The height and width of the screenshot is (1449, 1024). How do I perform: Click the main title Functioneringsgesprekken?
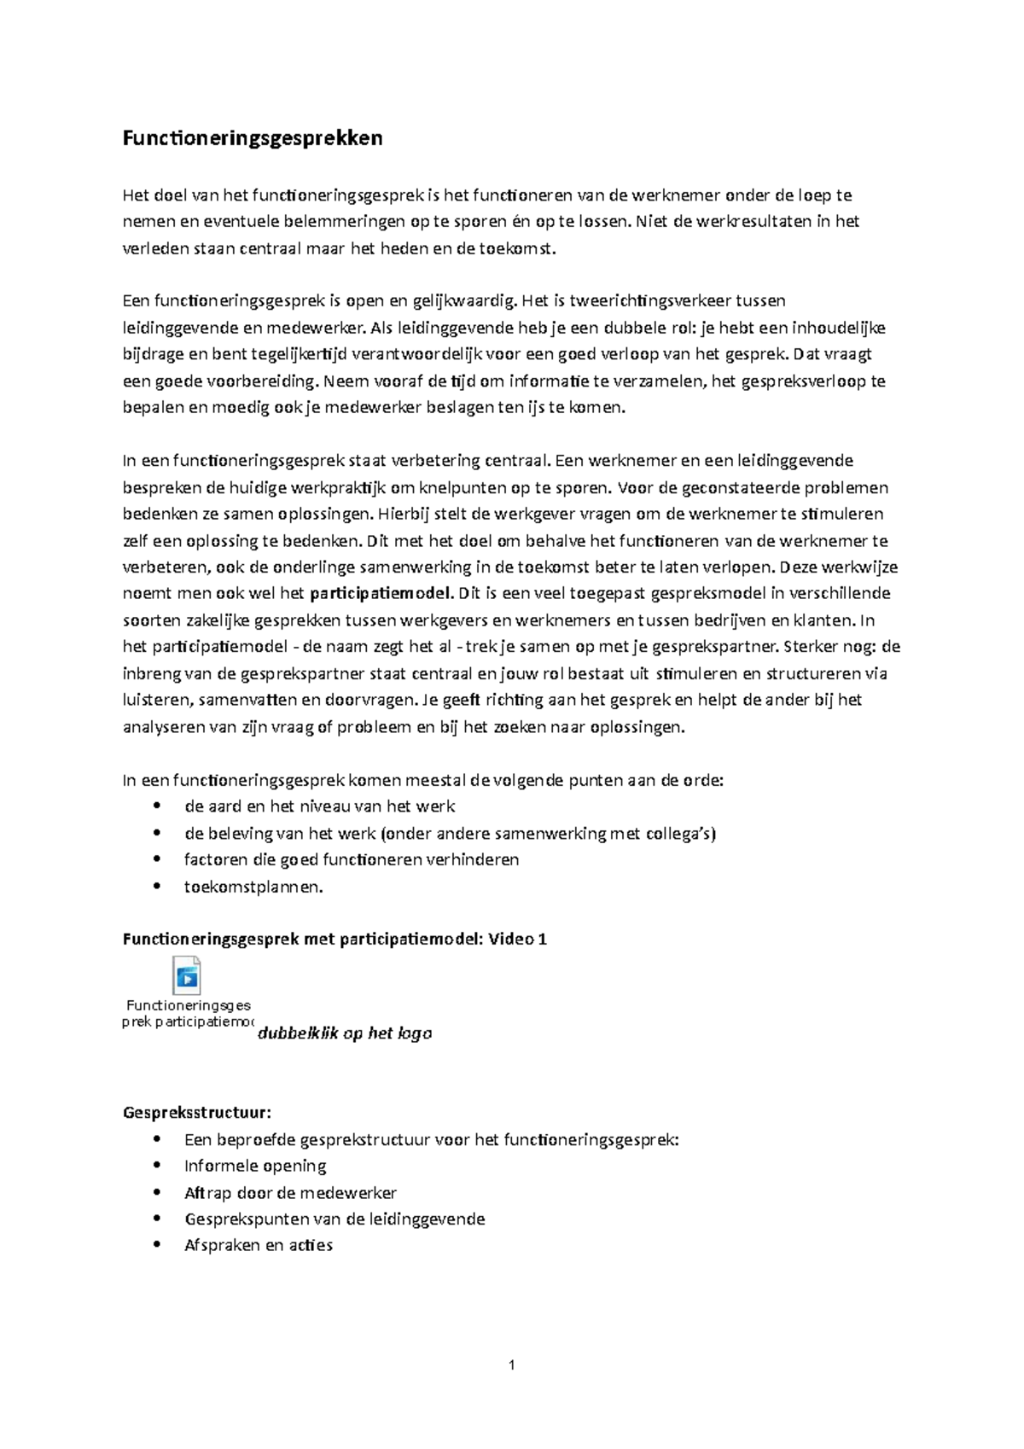click(253, 138)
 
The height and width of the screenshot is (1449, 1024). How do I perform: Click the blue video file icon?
click(186, 975)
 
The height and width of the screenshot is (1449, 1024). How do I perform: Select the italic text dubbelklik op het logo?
click(345, 1033)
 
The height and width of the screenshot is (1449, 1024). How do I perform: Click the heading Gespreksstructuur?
click(197, 1113)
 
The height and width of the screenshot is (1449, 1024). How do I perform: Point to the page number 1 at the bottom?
click(511, 1365)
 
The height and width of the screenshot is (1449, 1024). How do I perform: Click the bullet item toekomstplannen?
click(253, 887)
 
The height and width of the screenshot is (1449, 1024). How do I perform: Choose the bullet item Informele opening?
click(255, 1166)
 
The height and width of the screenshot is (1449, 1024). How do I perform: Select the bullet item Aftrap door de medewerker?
click(290, 1193)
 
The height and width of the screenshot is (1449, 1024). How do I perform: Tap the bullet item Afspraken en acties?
click(258, 1246)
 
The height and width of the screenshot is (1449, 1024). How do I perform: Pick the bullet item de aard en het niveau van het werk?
click(319, 806)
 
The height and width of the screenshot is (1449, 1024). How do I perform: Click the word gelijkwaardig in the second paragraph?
click(464, 301)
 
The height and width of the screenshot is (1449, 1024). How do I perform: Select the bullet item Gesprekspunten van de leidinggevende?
click(335, 1219)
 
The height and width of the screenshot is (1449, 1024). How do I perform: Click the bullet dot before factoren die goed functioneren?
click(156, 859)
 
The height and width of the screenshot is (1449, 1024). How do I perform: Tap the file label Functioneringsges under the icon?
click(189, 1006)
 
